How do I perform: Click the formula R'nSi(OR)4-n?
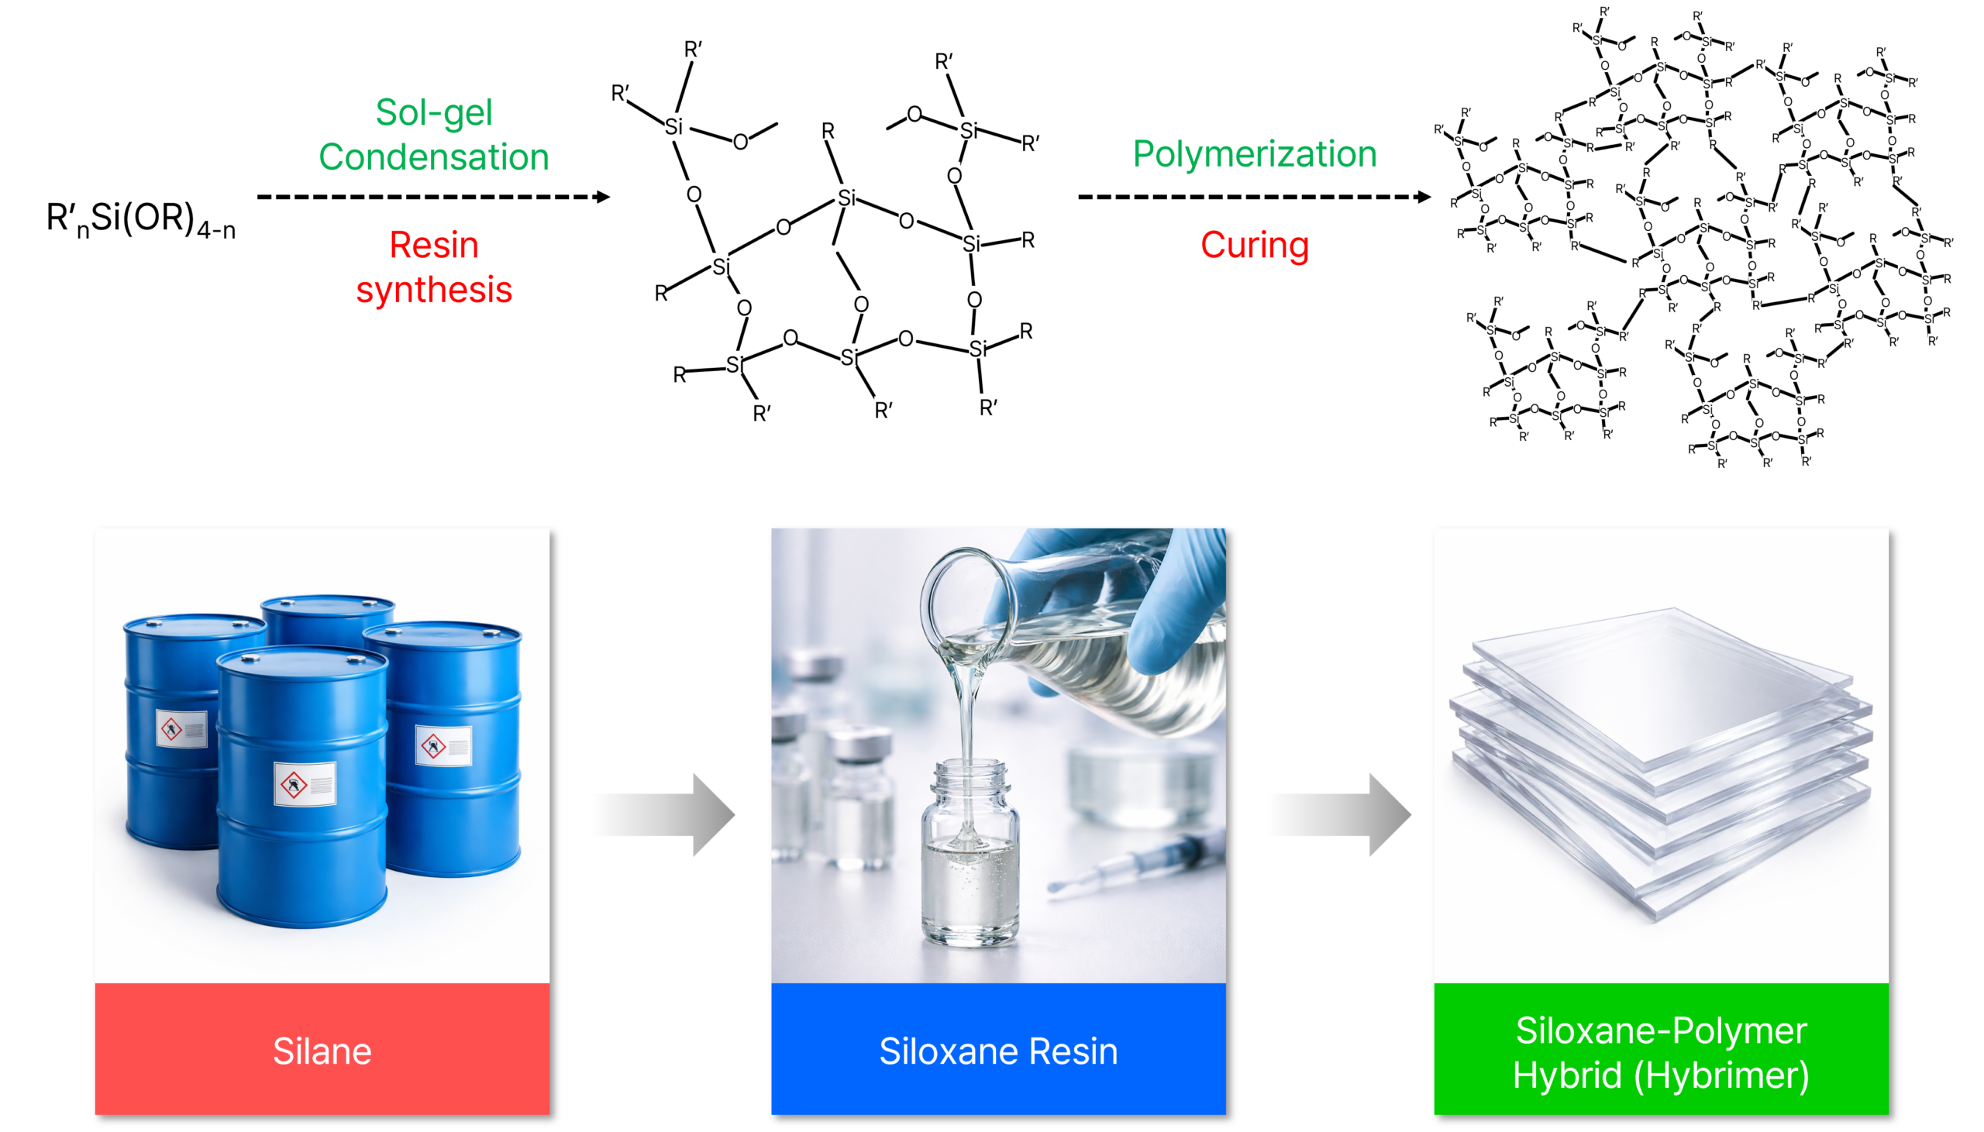click(x=141, y=219)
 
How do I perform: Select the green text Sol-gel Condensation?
click(x=434, y=135)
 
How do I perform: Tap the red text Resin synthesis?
click(x=434, y=267)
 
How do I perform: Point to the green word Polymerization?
click(x=1254, y=153)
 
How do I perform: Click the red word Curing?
click(x=1254, y=245)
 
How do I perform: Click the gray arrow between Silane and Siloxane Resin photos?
click(x=666, y=814)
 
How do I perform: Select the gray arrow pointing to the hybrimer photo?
click(x=1341, y=814)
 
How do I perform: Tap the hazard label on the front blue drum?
click(x=305, y=783)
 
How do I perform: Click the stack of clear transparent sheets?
click(x=1661, y=754)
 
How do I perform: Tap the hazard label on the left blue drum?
click(x=181, y=729)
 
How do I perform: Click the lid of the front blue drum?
click(x=301, y=661)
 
